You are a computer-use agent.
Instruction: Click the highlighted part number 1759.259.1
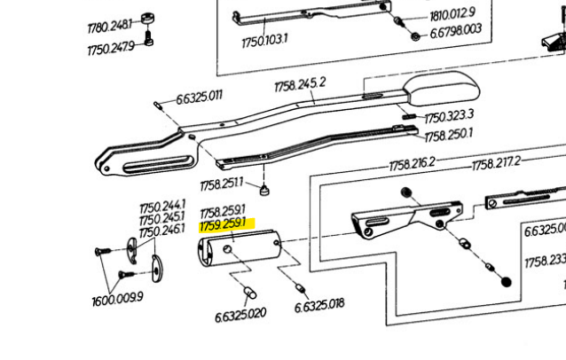(223, 226)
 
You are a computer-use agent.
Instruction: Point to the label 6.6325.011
(199, 97)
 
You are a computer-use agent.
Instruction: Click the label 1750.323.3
(448, 117)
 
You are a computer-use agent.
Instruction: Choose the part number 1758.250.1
(449, 135)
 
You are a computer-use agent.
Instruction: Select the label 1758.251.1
(222, 184)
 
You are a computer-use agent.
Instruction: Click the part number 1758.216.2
(412, 164)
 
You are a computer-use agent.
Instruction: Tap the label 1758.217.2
(495, 164)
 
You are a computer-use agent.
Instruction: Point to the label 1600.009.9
(116, 300)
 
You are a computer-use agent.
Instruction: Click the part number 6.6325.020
(240, 314)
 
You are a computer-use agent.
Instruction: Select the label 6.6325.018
(319, 304)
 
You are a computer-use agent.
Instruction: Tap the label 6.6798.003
(456, 30)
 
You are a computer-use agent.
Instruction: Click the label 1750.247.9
(111, 48)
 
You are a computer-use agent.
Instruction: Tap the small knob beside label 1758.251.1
(263, 190)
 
